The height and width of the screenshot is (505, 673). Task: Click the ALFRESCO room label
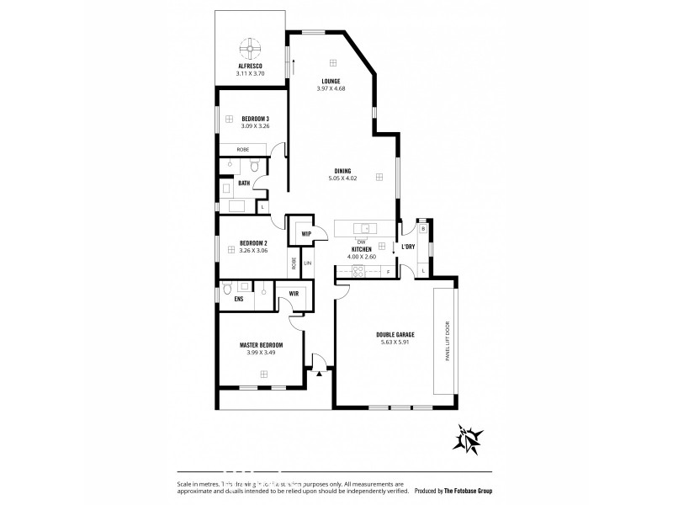[252, 66]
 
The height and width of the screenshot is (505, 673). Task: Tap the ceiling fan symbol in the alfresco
[252, 46]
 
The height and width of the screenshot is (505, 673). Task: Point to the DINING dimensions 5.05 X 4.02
[342, 178]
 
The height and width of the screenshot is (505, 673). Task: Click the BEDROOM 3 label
[254, 118]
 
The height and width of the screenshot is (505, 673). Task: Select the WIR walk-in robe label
[294, 294]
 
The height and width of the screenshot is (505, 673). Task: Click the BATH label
[243, 183]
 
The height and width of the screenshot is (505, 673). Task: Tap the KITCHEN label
[362, 250]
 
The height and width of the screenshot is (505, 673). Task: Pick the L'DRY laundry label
[408, 247]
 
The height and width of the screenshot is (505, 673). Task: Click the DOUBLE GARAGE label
[395, 335]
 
